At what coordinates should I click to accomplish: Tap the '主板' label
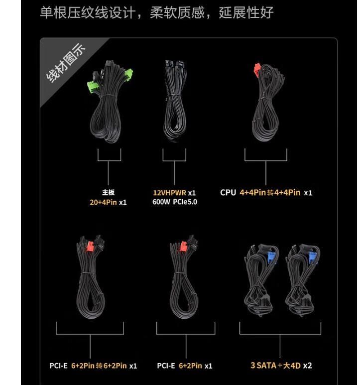(108, 192)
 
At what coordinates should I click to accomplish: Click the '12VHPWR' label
(169, 192)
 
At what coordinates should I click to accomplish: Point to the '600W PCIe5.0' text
(175, 202)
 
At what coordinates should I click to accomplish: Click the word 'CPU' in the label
(228, 192)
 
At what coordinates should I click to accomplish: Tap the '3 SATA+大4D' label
(273, 366)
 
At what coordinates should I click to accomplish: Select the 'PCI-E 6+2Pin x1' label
(184, 366)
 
